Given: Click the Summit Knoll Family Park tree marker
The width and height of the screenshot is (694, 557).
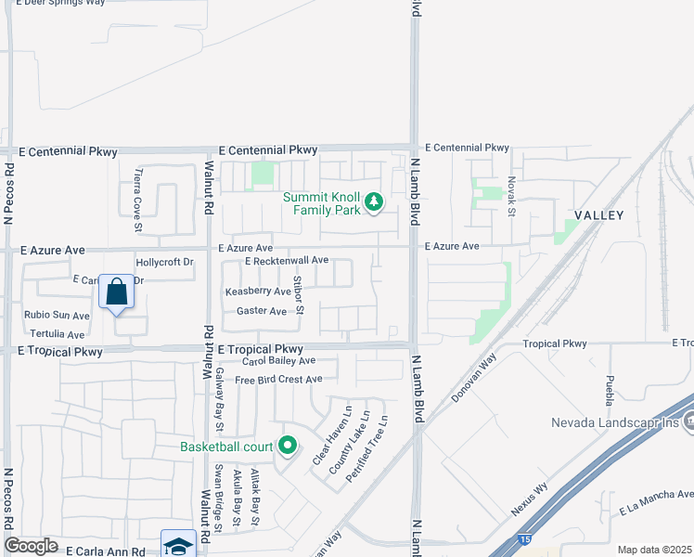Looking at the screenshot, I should tap(374, 201).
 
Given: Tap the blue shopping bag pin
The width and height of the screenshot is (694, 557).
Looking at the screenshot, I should tap(117, 292).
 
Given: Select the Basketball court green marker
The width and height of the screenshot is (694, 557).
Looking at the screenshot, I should tap(287, 447).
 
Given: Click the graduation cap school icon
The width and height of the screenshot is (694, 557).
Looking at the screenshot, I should tap(178, 546).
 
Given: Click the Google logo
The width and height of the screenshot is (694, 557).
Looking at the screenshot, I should tap(31, 546).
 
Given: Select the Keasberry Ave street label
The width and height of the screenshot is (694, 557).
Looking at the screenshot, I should tap(258, 291).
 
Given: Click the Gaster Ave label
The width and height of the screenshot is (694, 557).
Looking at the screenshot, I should tap(262, 312).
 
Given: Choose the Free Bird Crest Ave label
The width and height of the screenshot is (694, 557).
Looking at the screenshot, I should tap(278, 379).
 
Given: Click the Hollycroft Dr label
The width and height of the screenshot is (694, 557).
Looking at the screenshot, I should tap(164, 263).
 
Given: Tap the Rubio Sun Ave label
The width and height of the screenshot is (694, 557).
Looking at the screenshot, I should tap(57, 315).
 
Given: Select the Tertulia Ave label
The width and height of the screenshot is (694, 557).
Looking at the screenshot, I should tap(58, 334).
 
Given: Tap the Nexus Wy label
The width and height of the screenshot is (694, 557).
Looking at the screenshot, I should tap(530, 499).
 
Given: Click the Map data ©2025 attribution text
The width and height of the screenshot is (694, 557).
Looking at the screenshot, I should tap(653, 550).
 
